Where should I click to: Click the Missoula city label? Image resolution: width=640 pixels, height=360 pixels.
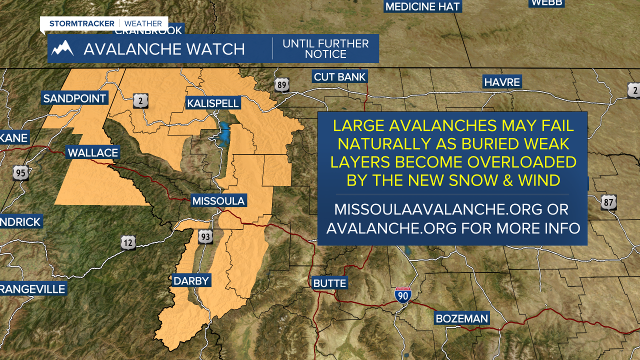[x=219, y=201]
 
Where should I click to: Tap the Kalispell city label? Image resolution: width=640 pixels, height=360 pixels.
[x=213, y=103]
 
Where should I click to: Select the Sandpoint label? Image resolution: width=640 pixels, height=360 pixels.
[x=74, y=98]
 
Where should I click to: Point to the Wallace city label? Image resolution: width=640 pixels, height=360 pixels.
[x=93, y=152]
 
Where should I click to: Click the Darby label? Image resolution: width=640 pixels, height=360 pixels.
[x=191, y=280]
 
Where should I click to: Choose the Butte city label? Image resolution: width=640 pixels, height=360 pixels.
[x=329, y=283]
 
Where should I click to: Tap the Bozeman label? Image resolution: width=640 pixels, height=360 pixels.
[x=461, y=318]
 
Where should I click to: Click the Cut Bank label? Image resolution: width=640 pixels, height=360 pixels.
[x=340, y=77]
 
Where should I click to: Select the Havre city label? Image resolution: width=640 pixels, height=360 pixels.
[x=502, y=82]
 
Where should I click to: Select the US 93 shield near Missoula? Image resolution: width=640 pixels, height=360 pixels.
[x=205, y=236]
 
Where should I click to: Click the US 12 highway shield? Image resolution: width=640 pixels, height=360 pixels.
[x=128, y=243]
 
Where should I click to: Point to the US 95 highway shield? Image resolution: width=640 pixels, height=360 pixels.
[x=20, y=173]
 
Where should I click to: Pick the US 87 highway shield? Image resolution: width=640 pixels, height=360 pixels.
[x=608, y=202]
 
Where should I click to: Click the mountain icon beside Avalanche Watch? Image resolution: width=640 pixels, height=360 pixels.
[x=62, y=48]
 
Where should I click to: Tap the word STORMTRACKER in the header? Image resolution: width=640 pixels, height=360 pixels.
[x=82, y=23]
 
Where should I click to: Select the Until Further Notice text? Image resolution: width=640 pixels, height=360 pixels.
[x=325, y=48]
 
